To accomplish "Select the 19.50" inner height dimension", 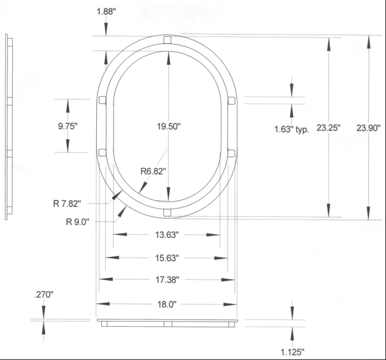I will pos(168,126).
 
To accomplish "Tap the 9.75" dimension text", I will pos(67,126).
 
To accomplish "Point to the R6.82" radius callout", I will pos(153,171).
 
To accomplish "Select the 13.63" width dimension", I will pos(166,235).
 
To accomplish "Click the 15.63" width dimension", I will pos(166,258).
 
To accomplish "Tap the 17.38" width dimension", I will pos(166,279).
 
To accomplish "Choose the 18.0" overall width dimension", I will pos(166,304).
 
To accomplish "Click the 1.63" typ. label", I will pos(291,129).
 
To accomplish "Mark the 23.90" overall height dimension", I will pos(368,127).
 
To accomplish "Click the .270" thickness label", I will pos(42,295).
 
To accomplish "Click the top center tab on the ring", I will pos(167,40).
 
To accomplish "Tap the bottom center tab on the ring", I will pos(167,211).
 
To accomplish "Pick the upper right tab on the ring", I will pos(231,100).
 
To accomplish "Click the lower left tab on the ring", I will pos(102,152).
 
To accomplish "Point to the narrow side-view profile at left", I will pos(7,127).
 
